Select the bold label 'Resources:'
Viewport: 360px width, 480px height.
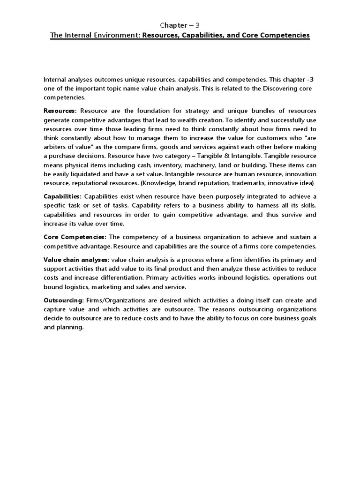pos(60,111)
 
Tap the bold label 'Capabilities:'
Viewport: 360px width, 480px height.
pos(62,196)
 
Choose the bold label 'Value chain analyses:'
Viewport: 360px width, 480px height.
pos(76,259)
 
